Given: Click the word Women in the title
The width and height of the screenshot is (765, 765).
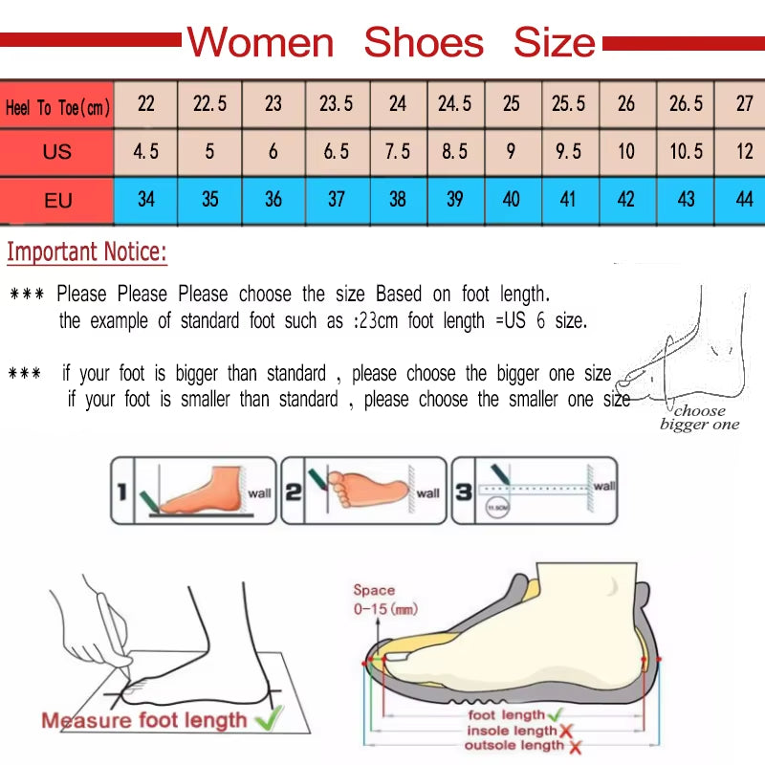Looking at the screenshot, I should (x=260, y=43).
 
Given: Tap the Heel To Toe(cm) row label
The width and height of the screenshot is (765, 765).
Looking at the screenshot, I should (x=57, y=107).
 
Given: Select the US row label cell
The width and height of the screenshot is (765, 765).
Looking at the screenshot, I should (x=57, y=152).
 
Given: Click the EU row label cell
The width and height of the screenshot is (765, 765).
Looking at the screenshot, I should (x=57, y=201).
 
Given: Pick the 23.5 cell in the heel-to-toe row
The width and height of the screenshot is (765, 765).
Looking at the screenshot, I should (x=337, y=104).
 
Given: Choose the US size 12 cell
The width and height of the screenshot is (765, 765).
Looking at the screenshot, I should (x=744, y=152).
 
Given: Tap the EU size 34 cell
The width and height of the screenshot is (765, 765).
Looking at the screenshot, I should (x=145, y=200).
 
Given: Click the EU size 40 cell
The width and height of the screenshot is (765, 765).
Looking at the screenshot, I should (x=512, y=200).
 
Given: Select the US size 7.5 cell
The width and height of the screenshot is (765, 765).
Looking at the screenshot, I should (x=398, y=152).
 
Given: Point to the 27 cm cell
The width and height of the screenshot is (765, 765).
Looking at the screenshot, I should (x=744, y=104).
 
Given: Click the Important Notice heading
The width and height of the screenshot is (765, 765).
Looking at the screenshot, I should (x=87, y=253).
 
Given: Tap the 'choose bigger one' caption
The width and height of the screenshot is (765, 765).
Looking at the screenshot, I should (x=699, y=418).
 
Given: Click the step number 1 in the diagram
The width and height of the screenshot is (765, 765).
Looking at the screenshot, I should (x=122, y=492).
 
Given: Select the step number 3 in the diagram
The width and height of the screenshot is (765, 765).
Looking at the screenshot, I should (x=463, y=492).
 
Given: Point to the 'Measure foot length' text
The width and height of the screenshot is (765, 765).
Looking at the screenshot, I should (x=143, y=720).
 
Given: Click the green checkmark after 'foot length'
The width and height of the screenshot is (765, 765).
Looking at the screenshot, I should (x=556, y=713).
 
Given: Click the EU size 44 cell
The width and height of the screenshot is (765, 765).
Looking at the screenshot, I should (x=744, y=200).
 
